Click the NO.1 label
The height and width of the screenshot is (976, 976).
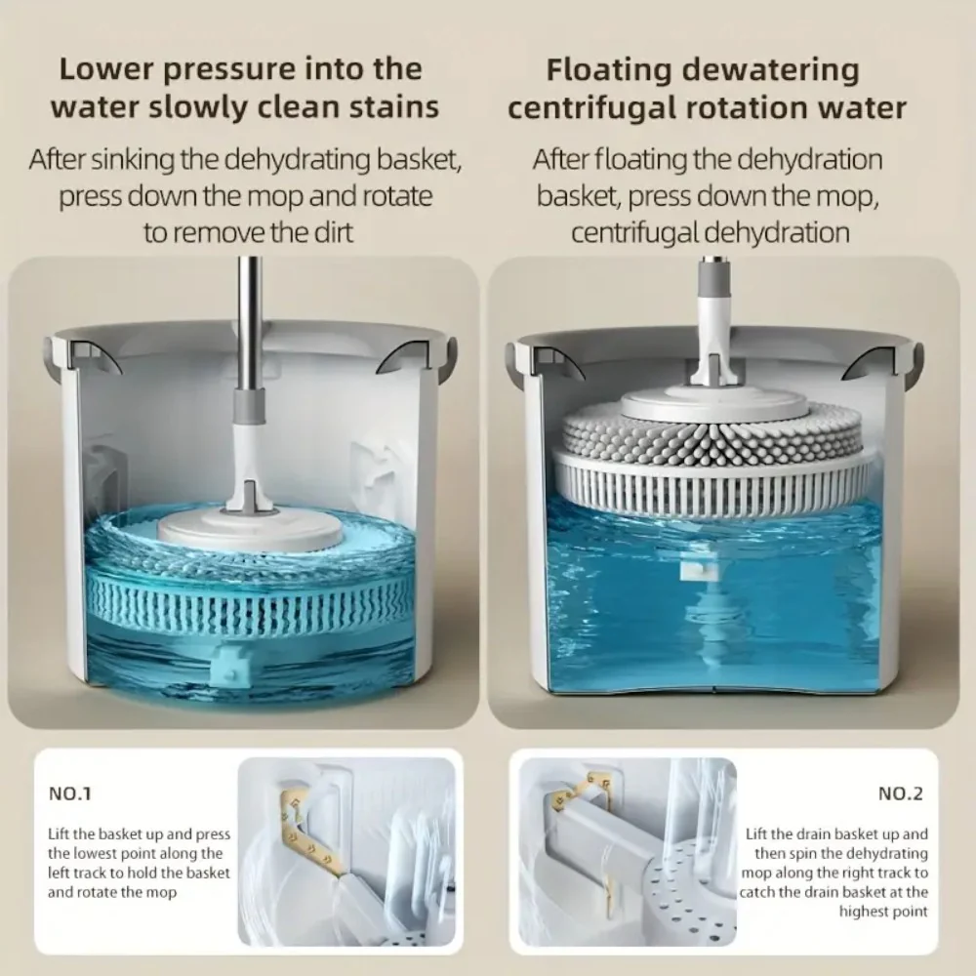pos(69,793)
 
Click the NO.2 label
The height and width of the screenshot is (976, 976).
pos(900,793)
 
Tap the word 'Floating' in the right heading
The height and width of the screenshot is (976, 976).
pos(609,69)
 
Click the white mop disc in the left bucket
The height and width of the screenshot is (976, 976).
pos(250,529)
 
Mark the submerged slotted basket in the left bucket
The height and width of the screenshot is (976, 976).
pos(250,607)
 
